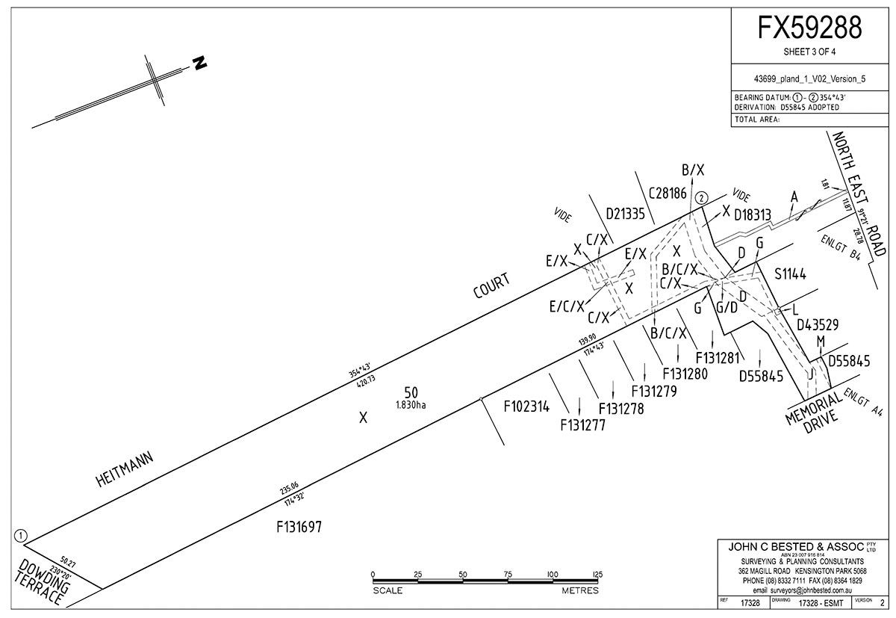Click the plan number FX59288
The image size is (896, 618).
810,28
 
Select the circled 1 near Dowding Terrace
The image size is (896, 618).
20,535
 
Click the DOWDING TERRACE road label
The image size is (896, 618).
43,578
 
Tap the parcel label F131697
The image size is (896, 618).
299,526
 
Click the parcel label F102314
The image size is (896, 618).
526,407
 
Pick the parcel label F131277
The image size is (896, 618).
582,425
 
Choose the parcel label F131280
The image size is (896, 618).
685,372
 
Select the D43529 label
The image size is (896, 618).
818,325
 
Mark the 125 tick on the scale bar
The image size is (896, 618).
597,574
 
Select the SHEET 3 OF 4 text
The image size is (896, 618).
810,53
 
